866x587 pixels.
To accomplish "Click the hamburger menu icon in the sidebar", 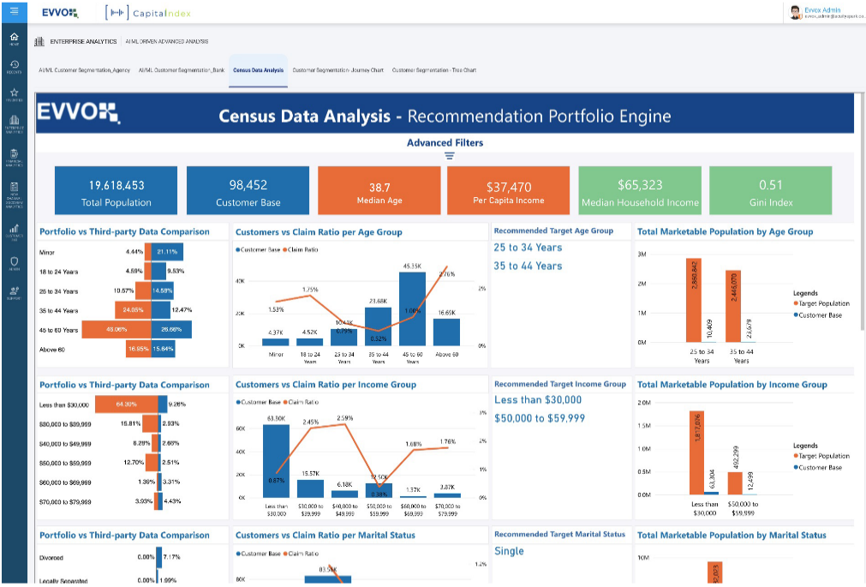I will point(14,11).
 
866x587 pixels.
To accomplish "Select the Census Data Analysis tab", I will point(258,70).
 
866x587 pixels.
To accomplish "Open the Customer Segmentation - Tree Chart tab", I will point(434,70).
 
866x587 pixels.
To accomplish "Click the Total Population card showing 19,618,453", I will point(116,190).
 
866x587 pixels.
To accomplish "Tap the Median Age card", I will point(379,190).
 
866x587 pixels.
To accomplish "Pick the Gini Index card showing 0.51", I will point(770,190).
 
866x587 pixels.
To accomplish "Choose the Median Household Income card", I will point(640,190).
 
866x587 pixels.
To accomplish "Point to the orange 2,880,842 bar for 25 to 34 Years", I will point(692,300).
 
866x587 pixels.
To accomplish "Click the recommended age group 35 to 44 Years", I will point(528,266).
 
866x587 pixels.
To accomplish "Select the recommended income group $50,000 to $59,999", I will point(540,417).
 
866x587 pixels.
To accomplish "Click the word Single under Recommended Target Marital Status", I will point(509,551).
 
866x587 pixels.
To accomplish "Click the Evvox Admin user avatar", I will point(795,13).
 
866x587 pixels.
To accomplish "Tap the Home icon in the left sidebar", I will point(14,39).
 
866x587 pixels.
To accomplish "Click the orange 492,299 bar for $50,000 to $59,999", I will point(734,483).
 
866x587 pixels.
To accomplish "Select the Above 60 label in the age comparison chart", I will point(51,349).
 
